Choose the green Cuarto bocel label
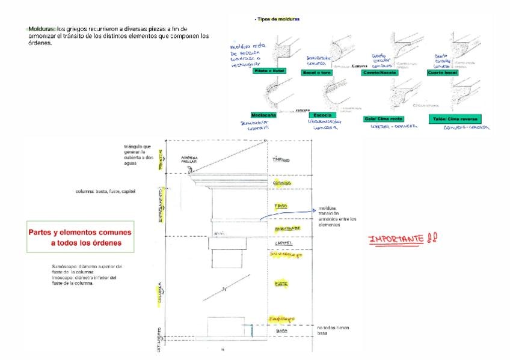[x=443, y=72]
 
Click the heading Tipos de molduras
[x=278, y=19]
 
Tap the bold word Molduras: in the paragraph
[x=42, y=29]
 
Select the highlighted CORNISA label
[x=282, y=182]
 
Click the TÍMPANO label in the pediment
[x=282, y=160]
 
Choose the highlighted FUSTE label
[x=281, y=283]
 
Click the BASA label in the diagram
[x=281, y=331]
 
